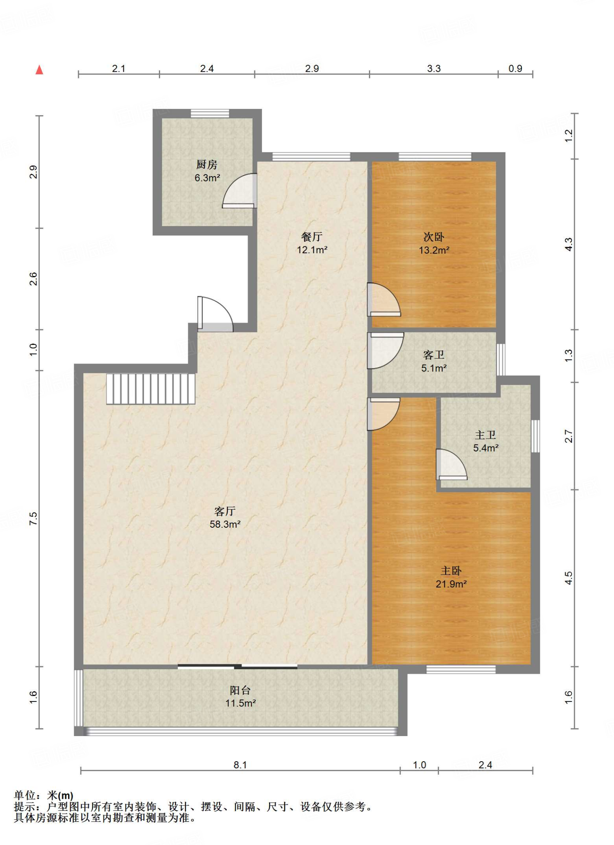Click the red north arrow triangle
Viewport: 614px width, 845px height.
(x=39, y=70)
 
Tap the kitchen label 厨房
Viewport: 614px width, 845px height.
(x=207, y=165)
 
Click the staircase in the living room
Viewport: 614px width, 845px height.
(x=151, y=389)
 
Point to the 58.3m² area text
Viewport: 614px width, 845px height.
(x=225, y=524)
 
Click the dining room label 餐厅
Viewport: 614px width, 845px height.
(x=312, y=237)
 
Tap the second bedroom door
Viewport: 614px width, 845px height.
(x=384, y=300)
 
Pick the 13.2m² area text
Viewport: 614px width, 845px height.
(x=434, y=250)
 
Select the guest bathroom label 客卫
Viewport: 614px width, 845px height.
(x=434, y=355)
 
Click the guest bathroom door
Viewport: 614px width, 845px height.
(x=385, y=351)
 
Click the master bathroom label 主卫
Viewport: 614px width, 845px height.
(x=485, y=435)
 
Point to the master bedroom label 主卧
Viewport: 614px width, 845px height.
(x=451, y=571)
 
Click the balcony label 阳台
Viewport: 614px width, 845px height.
(x=240, y=690)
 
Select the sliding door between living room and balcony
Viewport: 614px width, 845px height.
(x=238, y=666)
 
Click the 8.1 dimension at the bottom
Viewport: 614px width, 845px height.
(x=240, y=765)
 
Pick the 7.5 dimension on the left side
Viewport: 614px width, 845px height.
(x=33, y=519)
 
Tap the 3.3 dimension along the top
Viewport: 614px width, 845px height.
(x=434, y=68)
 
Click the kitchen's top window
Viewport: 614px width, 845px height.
(x=210, y=113)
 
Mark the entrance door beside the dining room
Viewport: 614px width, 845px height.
(x=215, y=314)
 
